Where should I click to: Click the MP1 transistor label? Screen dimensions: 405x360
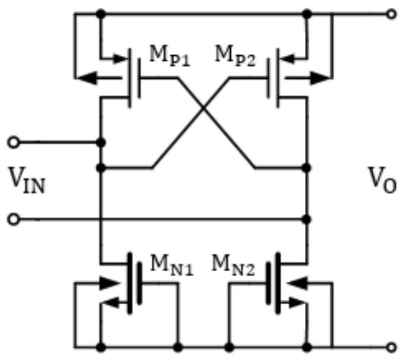click(170, 56)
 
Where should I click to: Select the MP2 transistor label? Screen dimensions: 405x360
click(235, 56)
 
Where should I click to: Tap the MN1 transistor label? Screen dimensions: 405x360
click(172, 266)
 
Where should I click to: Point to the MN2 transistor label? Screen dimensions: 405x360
click(233, 266)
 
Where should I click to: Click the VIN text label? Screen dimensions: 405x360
click(27, 180)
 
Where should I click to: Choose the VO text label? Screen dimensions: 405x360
click(383, 180)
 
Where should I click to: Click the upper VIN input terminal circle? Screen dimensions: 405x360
click(13, 142)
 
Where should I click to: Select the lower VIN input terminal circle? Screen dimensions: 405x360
click(13, 219)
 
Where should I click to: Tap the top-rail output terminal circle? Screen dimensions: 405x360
click(391, 14)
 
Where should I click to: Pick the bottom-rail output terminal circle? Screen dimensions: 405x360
click(391, 347)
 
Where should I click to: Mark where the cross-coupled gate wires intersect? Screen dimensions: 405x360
click(204, 108)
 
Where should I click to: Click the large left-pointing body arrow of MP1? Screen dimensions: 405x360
click(87, 78)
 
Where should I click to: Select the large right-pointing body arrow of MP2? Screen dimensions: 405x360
click(320, 78)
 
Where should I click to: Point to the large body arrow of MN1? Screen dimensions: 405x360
click(110, 283)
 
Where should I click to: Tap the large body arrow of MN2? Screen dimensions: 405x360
click(297, 283)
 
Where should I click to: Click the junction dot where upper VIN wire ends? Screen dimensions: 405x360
click(101, 142)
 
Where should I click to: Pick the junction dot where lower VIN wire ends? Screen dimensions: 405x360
click(306, 219)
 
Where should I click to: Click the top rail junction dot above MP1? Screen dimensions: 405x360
click(101, 14)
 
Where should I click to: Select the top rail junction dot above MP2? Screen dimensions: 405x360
click(307, 14)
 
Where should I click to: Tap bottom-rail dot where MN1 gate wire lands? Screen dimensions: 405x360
click(178, 347)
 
